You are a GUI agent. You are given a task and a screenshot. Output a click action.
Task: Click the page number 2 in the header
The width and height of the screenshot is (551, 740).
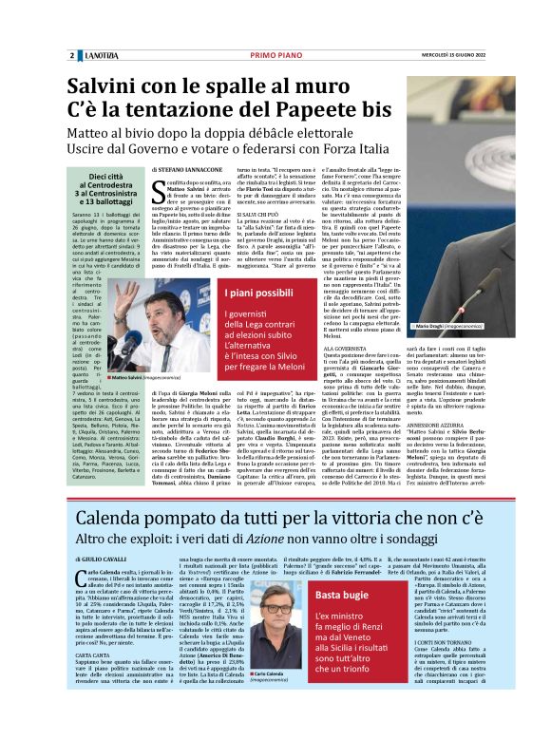tap(72, 55)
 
